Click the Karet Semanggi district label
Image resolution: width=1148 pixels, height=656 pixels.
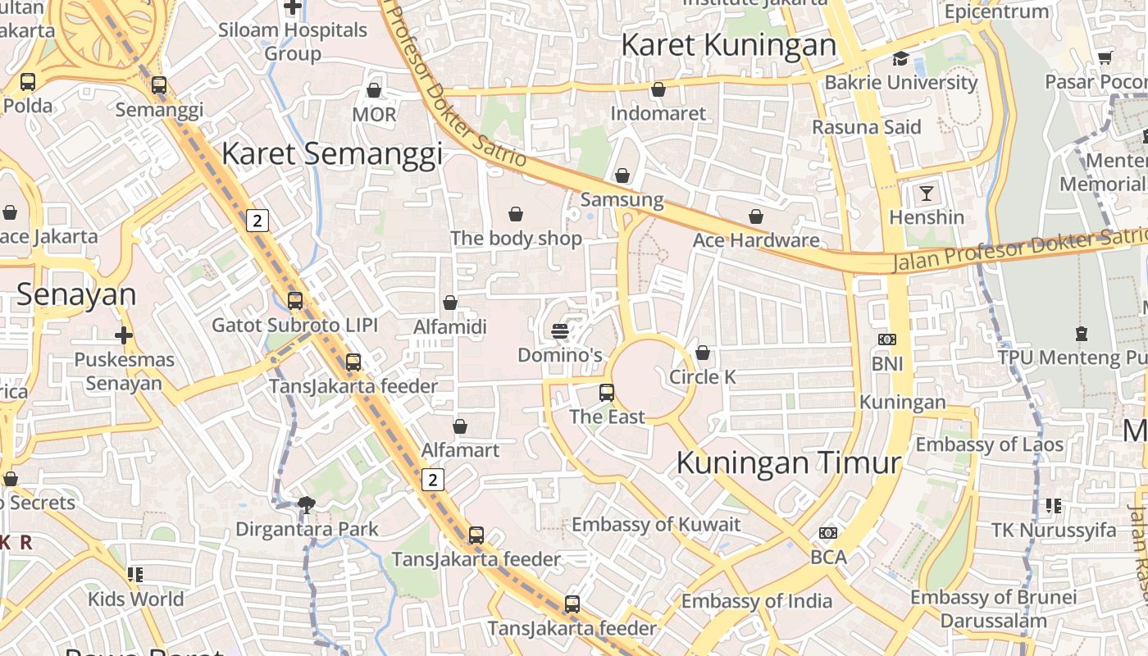click(331, 153)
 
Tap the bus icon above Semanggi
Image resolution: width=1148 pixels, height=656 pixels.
click(159, 85)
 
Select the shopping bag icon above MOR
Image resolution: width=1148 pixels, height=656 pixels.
click(374, 90)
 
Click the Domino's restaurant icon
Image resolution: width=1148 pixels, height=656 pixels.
click(560, 331)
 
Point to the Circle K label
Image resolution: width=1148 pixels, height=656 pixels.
click(702, 377)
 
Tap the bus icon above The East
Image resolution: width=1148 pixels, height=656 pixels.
click(607, 393)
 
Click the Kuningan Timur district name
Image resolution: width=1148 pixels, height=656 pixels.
click(788, 462)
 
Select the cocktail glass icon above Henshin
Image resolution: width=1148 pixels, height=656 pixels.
click(927, 194)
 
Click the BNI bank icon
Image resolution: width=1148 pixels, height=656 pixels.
click(886, 339)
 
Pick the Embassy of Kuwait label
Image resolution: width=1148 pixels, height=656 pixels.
click(655, 525)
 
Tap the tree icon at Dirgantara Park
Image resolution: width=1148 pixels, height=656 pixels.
click(307, 505)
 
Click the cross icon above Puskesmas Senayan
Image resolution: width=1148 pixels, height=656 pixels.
click(124, 335)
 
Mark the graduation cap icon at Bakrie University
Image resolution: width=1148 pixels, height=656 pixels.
click(900, 58)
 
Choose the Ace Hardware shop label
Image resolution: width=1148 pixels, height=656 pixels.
click(755, 240)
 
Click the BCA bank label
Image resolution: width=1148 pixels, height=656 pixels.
click(827, 558)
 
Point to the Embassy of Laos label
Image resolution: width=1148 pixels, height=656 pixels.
click(989, 444)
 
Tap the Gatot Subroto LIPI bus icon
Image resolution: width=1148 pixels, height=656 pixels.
click(295, 301)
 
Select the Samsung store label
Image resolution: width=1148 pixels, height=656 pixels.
click(622, 199)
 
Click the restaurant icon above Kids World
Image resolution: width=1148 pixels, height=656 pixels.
click(135, 575)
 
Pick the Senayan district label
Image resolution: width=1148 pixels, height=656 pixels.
click(75, 294)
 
